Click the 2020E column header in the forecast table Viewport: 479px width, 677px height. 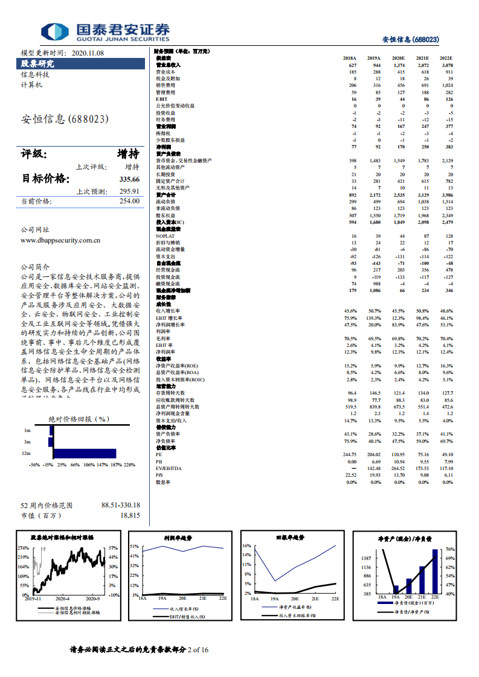(x=398, y=58)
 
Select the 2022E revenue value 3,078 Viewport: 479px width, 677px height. (x=446, y=65)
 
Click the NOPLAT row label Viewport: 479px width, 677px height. (x=166, y=236)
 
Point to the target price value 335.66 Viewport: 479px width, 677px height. (x=129, y=179)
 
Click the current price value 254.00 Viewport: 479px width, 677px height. (x=129, y=202)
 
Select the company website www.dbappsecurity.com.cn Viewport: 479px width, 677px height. (x=60, y=240)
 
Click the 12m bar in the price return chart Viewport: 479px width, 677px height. (x=85, y=453)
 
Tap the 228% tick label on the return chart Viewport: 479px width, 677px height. (x=129, y=465)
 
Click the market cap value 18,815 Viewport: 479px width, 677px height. (x=130, y=516)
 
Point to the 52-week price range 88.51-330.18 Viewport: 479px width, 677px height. (x=120, y=505)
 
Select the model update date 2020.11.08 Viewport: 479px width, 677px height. (x=88, y=52)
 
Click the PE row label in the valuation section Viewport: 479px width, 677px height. (x=159, y=454)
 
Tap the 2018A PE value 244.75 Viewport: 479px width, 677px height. (x=350, y=454)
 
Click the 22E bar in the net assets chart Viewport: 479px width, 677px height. (x=435, y=571)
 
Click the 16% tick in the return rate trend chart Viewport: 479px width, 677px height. (x=246, y=545)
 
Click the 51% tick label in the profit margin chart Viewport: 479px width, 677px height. (x=134, y=545)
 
